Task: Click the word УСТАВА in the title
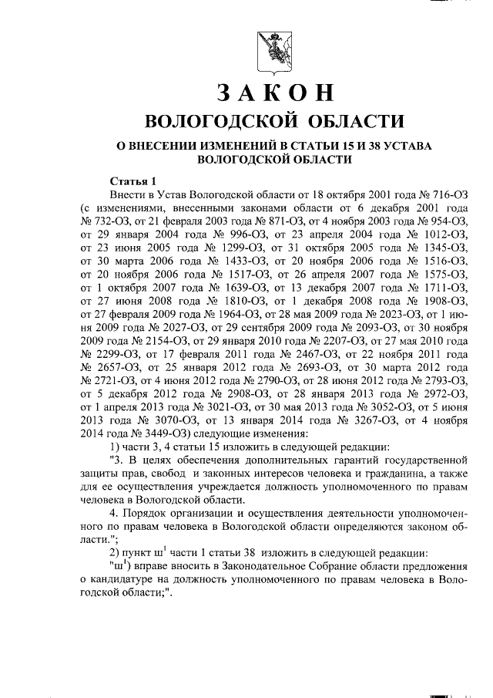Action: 408,145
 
